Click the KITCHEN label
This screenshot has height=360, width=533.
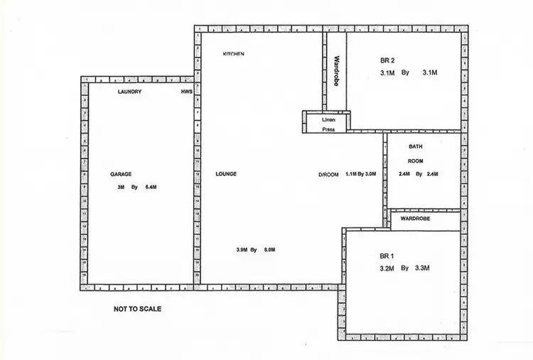point(234,54)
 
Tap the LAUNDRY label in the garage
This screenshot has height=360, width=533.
point(129,92)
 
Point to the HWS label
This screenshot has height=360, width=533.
point(187,92)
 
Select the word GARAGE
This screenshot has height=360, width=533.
point(120,174)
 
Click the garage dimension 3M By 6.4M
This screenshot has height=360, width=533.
point(136,187)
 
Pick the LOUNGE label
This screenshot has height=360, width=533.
point(226,174)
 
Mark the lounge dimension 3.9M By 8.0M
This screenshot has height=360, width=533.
point(255,250)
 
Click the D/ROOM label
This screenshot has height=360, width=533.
point(328,174)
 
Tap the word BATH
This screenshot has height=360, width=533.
point(416,146)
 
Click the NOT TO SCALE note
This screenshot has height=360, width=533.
point(138,310)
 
